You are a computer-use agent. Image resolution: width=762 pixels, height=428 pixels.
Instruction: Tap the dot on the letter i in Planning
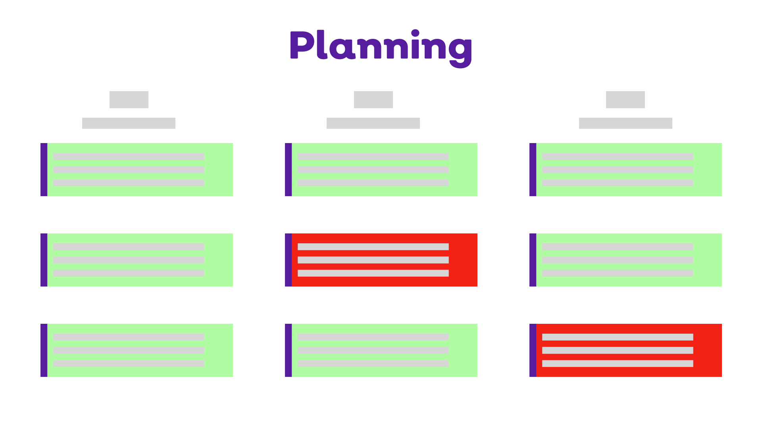click(415, 32)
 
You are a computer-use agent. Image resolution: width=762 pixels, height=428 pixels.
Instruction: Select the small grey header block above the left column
click(129, 99)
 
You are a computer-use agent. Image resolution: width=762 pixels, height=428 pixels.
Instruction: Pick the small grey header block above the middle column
click(373, 99)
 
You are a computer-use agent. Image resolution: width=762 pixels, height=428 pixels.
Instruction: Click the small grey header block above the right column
click(625, 99)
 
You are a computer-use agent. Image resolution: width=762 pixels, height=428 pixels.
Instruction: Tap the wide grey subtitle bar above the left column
click(129, 123)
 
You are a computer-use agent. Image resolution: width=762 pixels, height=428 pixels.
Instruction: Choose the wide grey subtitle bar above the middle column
click(373, 123)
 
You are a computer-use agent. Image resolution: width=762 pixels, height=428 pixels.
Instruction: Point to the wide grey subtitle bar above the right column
click(625, 123)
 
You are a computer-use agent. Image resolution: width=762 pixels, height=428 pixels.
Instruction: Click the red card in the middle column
click(463, 260)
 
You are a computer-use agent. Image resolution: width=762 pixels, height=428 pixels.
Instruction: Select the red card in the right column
click(707, 350)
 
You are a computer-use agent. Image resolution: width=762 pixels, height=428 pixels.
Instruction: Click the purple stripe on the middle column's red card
click(288, 260)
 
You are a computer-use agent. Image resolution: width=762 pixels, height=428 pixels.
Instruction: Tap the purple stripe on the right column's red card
click(533, 350)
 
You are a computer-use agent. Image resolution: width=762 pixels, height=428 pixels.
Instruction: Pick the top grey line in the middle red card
click(373, 246)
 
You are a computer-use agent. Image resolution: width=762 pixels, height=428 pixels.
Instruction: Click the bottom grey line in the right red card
click(618, 363)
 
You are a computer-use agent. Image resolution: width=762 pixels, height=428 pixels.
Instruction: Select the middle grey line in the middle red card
click(373, 260)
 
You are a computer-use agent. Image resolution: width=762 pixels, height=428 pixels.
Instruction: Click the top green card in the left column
click(218, 170)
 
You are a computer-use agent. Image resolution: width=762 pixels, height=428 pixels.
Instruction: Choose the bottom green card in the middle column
click(463, 350)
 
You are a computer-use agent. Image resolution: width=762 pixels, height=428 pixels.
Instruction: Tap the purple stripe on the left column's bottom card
click(44, 350)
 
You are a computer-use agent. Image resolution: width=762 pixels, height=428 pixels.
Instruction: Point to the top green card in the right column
click(707, 170)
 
